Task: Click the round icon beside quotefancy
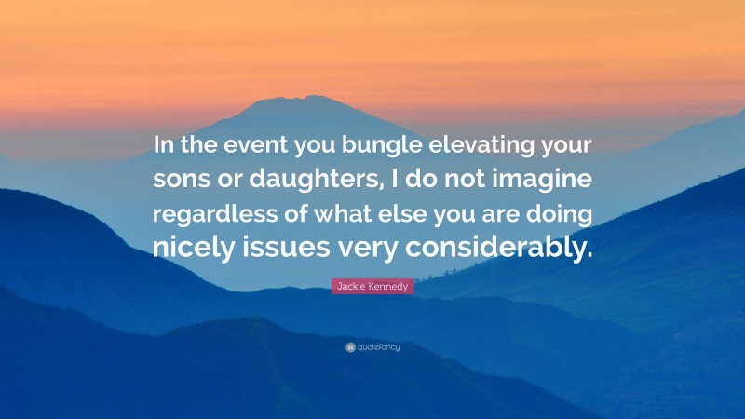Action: point(350,347)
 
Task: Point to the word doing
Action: point(561,214)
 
